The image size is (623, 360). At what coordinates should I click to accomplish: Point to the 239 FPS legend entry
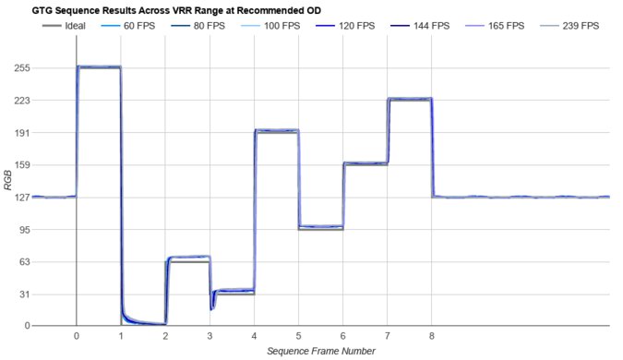click(580, 26)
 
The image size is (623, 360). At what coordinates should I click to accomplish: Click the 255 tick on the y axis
click(20, 68)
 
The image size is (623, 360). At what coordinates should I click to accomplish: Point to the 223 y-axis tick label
click(20, 101)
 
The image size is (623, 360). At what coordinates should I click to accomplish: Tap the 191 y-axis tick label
click(20, 133)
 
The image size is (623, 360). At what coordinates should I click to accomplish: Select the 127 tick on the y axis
click(20, 198)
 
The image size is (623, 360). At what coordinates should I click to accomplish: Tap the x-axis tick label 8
click(432, 336)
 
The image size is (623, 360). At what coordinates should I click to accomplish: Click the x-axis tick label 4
click(254, 336)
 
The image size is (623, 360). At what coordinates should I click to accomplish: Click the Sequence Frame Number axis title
click(320, 351)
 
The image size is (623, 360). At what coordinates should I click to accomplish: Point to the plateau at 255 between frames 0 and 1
click(98, 67)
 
